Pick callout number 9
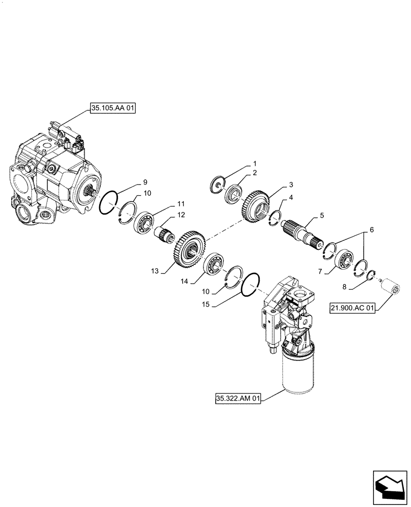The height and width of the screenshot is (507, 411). (x=145, y=182)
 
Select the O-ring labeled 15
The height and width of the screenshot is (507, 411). (x=251, y=284)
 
